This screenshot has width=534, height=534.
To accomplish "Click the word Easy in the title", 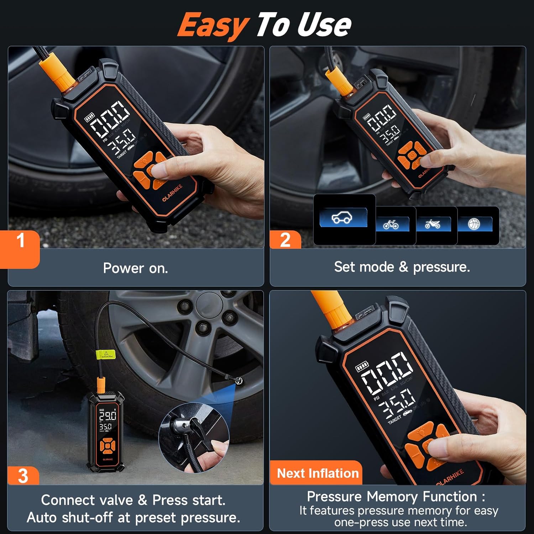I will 213,25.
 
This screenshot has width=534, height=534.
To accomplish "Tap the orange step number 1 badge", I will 21,241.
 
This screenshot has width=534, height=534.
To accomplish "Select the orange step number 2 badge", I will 285,240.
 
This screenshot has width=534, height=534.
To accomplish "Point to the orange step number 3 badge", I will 23,476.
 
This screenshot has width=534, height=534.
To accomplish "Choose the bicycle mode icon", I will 391,225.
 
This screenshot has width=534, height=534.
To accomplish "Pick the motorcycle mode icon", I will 433,224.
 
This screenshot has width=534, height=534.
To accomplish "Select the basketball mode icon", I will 474,224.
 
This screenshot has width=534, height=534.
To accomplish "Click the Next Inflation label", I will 317,473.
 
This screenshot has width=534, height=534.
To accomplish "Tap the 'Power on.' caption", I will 135,268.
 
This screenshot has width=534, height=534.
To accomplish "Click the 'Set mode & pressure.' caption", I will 402,267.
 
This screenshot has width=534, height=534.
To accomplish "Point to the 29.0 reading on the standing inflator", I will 108,415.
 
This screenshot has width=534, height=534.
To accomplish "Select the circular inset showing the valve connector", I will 194,438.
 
